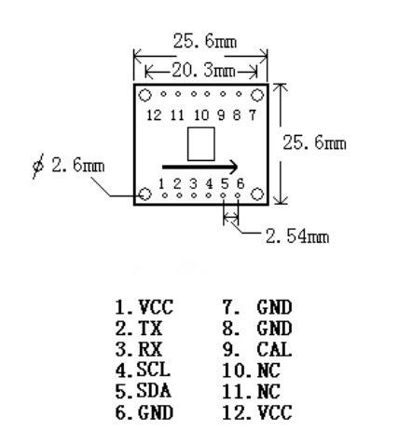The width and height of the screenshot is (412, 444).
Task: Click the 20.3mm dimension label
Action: (204, 71)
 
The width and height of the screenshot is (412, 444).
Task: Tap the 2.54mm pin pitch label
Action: (297, 236)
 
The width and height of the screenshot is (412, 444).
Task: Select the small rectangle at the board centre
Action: (201, 144)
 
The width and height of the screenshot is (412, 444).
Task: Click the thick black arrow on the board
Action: (200, 167)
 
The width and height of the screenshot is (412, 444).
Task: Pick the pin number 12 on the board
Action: (154, 115)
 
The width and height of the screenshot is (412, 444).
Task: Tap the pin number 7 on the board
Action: (253, 115)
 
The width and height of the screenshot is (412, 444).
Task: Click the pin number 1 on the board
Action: (161, 184)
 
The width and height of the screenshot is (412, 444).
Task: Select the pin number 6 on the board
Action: (240, 184)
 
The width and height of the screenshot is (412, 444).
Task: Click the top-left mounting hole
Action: (144, 95)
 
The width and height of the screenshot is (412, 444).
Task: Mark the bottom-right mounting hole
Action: (257, 195)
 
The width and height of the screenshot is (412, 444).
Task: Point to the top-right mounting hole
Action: (257, 95)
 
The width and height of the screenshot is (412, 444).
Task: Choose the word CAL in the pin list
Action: (274, 349)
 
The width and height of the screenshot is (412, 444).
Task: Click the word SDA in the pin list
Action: (154, 391)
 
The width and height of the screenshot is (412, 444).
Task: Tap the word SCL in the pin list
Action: (154, 370)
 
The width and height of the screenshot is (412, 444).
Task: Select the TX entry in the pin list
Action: (139, 329)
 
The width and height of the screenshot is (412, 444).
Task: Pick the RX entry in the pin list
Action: (139, 349)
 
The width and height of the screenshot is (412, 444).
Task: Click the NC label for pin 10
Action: (269, 370)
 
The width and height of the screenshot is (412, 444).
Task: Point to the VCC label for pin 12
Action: (275, 412)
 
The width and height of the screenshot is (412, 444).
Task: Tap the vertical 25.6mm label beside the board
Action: (314, 143)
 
